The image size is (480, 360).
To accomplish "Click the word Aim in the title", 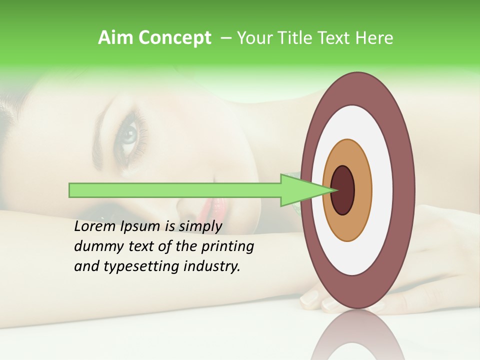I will click(116, 38).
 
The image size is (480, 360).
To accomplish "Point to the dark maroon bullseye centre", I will click(343, 190).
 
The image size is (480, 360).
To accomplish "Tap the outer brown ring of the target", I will click(405, 190).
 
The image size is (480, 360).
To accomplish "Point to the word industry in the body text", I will click(211, 266).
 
